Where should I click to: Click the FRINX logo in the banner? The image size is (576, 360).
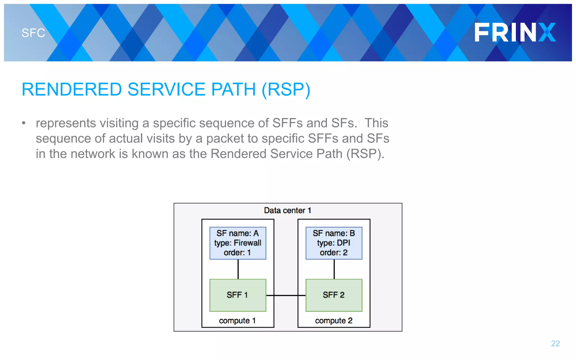click(515, 32)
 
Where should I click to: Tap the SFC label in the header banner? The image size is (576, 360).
click(33, 33)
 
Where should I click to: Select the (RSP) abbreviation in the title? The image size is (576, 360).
click(286, 89)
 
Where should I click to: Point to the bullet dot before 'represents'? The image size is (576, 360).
click(24, 123)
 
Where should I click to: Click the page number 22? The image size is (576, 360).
click(555, 343)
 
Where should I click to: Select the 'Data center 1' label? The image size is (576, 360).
click(287, 210)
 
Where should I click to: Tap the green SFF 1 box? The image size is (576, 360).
click(238, 295)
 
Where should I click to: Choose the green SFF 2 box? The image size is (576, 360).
click(334, 295)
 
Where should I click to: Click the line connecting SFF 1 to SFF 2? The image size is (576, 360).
click(286, 295)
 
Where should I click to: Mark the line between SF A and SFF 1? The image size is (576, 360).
click(238, 269)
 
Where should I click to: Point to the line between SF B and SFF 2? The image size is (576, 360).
click(334, 269)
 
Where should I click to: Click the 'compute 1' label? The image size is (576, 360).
click(237, 321)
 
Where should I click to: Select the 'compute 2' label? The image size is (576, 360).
click(334, 321)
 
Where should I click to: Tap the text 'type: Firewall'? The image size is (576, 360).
click(238, 243)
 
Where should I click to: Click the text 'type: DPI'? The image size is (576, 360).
click(334, 243)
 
